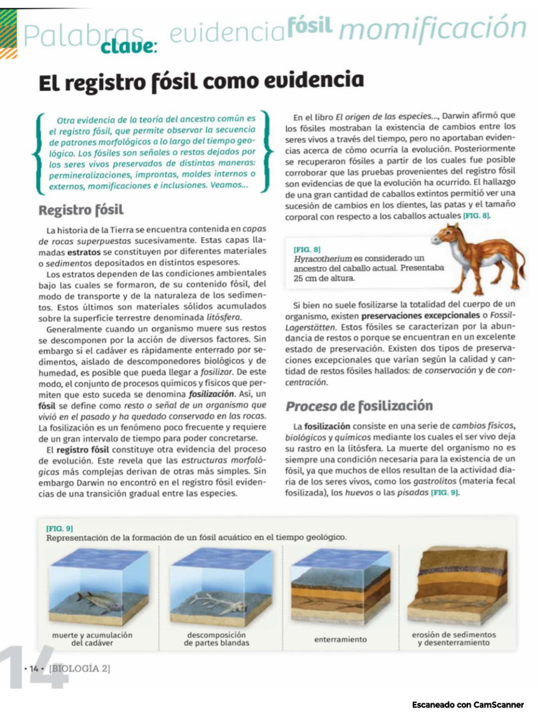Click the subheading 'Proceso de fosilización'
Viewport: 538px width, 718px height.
pos(358,406)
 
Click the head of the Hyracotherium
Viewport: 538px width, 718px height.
pos(443,235)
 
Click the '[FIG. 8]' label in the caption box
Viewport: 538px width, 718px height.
pos(307,249)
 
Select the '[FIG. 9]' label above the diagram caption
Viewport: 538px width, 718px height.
pos(60,527)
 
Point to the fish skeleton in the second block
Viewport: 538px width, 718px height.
pos(220,602)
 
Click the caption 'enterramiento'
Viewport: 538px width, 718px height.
pos(340,639)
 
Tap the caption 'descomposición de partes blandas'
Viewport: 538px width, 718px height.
pos(216,639)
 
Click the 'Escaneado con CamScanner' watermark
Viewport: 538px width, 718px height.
pos(467,704)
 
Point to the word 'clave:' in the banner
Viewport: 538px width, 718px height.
pos(130,46)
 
